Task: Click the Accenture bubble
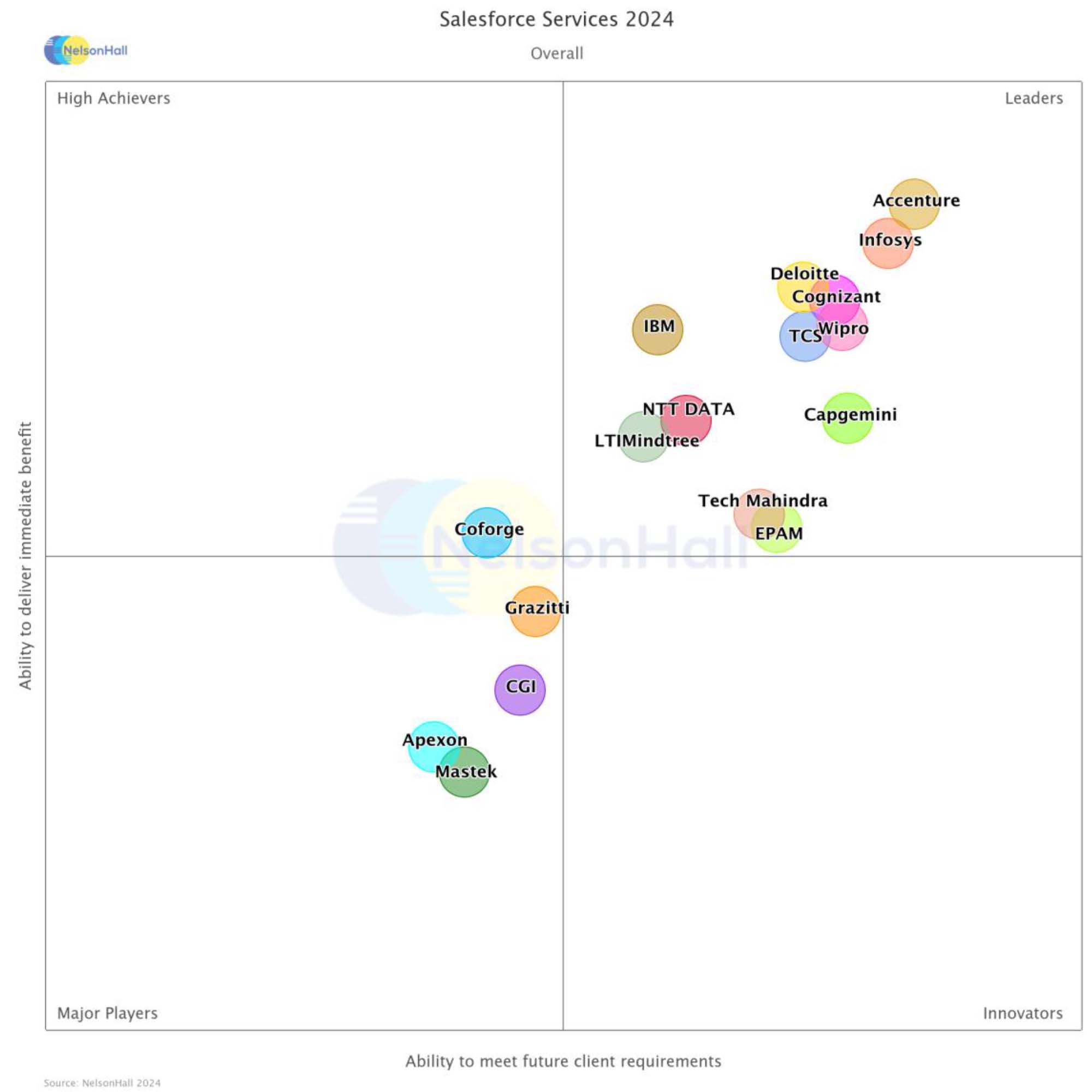click(x=914, y=204)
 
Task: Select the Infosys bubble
click(x=887, y=244)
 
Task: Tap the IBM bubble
click(x=657, y=330)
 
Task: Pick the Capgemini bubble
click(x=847, y=418)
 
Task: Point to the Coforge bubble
click(x=487, y=532)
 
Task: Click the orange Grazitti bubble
click(x=535, y=612)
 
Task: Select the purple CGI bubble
click(x=520, y=690)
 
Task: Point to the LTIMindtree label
click(x=646, y=441)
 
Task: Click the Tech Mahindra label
click(x=762, y=501)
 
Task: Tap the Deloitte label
click(x=804, y=274)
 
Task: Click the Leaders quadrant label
click(x=1033, y=98)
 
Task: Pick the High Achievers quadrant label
click(x=114, y=98)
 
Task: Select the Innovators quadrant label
click(x=1023, y=1013)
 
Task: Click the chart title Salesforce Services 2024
click(x=556, y=19)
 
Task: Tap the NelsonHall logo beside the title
click(x=86, y=50)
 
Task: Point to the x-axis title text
click(x=563, y=1061)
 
